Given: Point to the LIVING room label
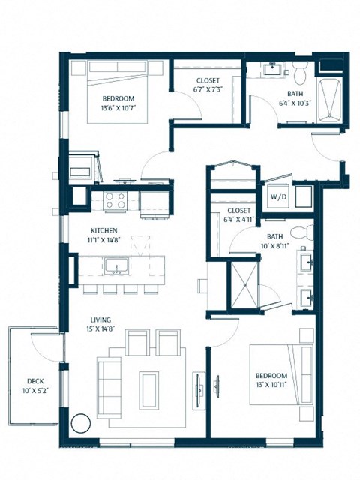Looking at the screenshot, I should (101, 319).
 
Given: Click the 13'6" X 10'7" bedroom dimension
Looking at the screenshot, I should (118, 108).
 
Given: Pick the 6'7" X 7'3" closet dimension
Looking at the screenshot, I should (209, 88).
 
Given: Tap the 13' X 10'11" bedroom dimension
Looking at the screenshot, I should (271, 384).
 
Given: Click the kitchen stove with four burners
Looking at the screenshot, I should (115, 200).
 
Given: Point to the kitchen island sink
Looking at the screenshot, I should (115, 265).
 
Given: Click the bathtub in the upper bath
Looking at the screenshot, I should (329, 100).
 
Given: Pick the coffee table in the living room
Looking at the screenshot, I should (148, 389).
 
